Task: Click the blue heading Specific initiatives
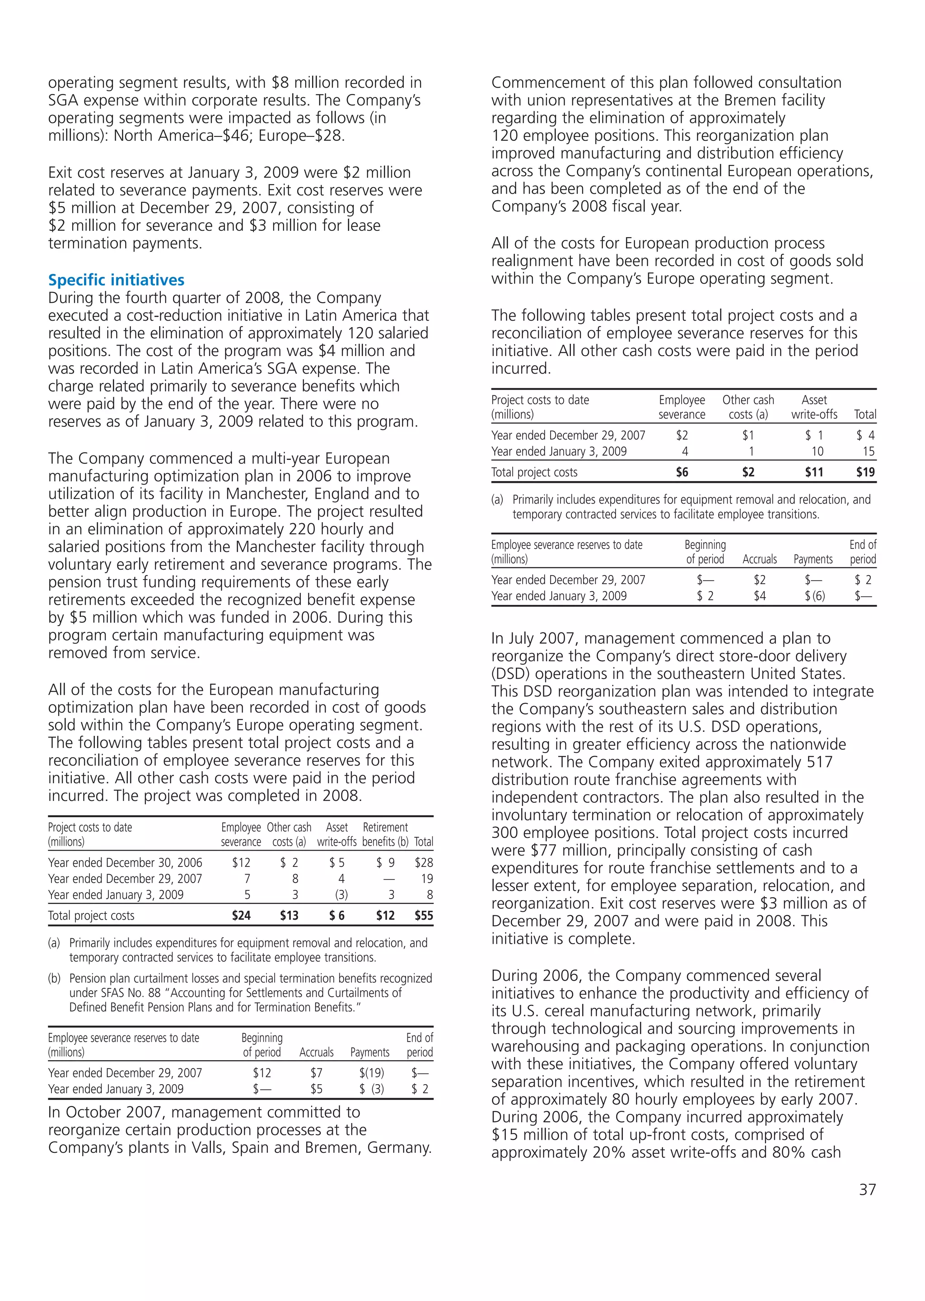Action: pyautogui.click(x=116, y=280)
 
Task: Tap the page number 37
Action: pyautogui.click(x=867, y=1189)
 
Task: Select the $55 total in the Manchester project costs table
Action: pyautogui.click(x=424, y=915)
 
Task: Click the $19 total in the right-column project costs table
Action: pyautogui.click(x=865, y=472)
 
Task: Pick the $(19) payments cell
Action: pyautogui.click(x=371, y=1072)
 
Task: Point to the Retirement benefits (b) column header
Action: pyautogui.click(x=386, y=834)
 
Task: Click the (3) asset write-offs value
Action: pyautogui.click(x=341, y=895)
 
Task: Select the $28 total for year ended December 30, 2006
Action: pyautogui.click(x=424, y=862)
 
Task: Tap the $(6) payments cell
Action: pyautogui.click(x=814, y=596)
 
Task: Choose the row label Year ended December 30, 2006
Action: pyautogui.click(x=125, y=862)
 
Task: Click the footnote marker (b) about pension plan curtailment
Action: pyautogui.click(x=54, y=978)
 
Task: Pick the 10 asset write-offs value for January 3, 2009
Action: pyautogui.click(x=817, y=451)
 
